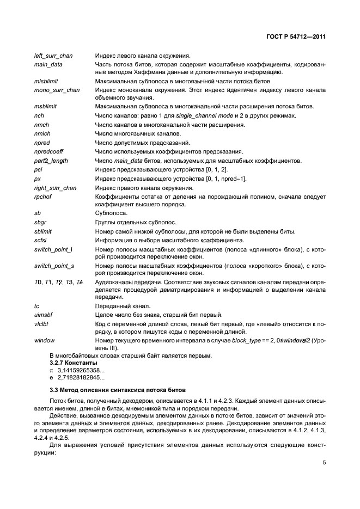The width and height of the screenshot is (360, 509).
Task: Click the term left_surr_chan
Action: point(53,56)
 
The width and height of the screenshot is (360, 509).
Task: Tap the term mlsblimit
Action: point(46,81)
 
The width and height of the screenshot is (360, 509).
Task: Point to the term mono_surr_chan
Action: point(57,89)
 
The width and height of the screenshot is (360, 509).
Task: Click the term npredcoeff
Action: point(49,151)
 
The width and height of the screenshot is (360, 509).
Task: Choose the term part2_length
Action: point(50,160)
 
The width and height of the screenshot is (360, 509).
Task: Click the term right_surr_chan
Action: point(55,187)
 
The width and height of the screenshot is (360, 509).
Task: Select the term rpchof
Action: point(42,196)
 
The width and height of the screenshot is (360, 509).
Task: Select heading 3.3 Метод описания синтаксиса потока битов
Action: point(118,390)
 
